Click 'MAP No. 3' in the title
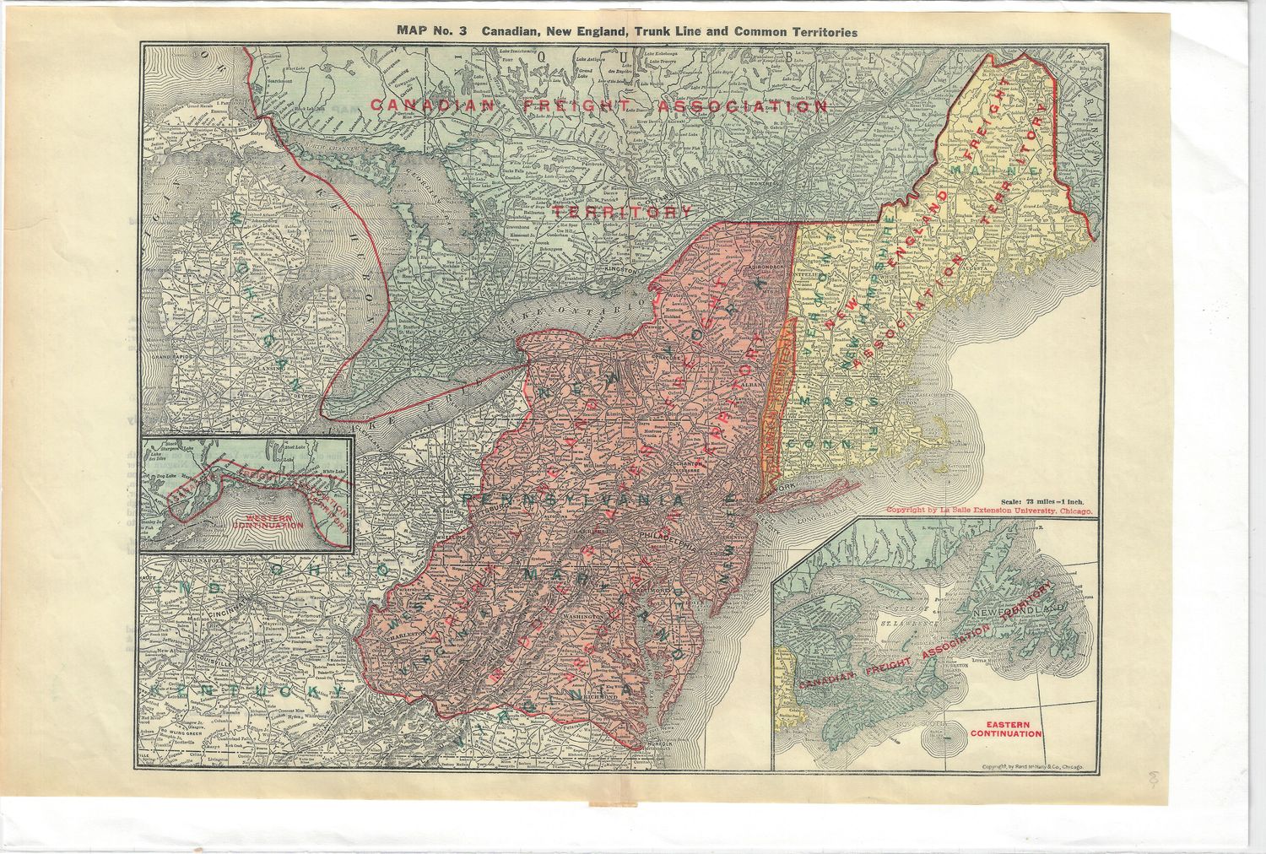click(x=433, y=31)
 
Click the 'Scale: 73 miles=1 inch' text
click(x=1046, y=500)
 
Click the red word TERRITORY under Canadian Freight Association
click(x=621, y=211)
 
